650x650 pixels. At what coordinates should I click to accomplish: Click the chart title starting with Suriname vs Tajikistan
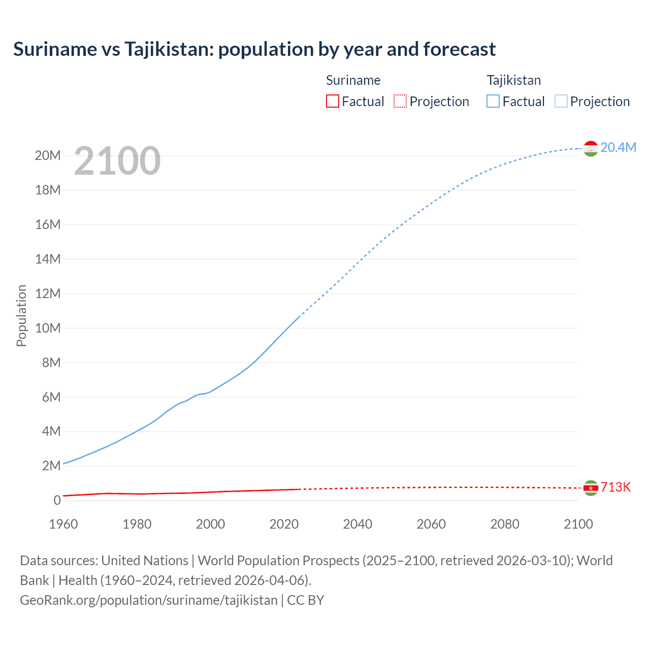click(x=254, y=49)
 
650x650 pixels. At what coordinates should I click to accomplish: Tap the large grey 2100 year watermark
click(x=117, y=161)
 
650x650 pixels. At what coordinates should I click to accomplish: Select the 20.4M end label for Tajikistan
click(x=618, y=147)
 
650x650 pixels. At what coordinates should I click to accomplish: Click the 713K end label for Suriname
click(x=615, y=487)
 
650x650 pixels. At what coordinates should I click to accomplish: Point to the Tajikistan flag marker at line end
click(x=591, y=148)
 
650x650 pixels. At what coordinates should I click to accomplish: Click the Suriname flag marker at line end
click(x=591, y=488)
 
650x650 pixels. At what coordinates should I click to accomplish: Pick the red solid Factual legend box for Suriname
click(x=333, y=101)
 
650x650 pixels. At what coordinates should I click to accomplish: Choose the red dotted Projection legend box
click(x=400, y=101)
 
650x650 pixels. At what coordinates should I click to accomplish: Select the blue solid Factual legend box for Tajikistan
click(x=493, y=101)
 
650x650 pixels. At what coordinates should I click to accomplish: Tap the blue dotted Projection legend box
click(x=561, y=101)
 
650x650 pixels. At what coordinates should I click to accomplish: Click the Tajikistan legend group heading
click(x=513, y=80)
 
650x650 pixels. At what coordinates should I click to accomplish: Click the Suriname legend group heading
click(x=353, y=80)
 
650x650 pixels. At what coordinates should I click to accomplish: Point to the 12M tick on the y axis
click(x=48, y=294)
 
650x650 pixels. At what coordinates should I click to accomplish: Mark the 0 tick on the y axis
click(x=57, y=500)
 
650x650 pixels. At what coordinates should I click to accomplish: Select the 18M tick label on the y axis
click(x=48, y=190)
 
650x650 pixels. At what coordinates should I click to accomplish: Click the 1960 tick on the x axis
click(x=63, y=524)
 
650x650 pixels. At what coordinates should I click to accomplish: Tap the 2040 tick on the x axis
click(x=357, y=524)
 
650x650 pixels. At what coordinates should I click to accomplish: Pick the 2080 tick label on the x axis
click(x=505, y=524)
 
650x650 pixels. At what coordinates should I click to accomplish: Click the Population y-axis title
click(x=21, y=315)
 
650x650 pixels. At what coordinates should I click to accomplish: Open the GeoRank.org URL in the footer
click(x=149, y=600)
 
